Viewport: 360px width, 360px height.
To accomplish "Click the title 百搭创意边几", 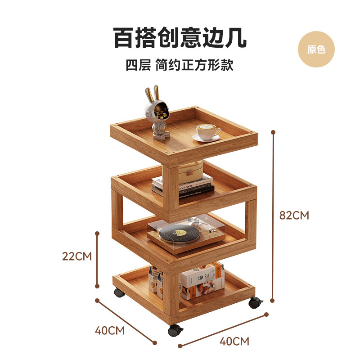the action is (180, 38).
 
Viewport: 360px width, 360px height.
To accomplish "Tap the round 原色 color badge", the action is (316, 49).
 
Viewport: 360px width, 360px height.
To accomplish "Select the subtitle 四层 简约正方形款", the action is (180, 66).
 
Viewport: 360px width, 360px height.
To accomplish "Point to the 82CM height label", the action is (294, 215).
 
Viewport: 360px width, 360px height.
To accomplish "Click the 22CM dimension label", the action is (76, 256).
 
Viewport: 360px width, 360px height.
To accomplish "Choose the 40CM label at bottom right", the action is (234, 341).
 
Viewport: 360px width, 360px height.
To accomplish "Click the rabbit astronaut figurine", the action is (158, 112).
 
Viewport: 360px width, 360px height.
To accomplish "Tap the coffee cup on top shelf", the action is (207, 132).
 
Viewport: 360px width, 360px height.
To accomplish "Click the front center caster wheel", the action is (175, 331).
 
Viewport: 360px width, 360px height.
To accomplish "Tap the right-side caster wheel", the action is (255, 302).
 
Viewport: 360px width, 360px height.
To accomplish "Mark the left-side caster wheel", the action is (119, 292).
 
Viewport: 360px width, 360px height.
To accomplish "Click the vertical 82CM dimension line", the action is (273, 216).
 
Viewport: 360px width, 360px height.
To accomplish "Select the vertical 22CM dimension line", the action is (97, 260).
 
